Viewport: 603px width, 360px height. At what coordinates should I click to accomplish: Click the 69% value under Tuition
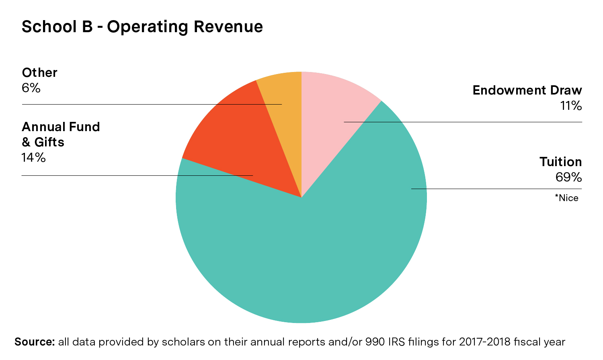pos(568,177)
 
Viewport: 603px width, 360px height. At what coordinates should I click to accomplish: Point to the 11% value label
pos(571,106)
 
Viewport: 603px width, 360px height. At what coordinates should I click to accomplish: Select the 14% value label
pos(34,158)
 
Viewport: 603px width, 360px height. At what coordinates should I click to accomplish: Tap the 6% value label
pos(31,88)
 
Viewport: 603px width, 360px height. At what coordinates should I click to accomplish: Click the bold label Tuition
pos(560,162)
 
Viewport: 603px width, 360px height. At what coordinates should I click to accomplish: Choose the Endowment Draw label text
pos(527,90)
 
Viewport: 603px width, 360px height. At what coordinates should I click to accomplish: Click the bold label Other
pos(39,72)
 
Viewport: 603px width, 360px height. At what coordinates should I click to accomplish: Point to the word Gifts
pos(49,142)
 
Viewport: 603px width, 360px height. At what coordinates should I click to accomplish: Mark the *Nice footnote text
pos(567,198)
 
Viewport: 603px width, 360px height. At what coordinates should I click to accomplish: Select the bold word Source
pos(35,342)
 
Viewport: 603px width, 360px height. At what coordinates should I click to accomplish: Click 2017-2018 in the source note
pos(486,342)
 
